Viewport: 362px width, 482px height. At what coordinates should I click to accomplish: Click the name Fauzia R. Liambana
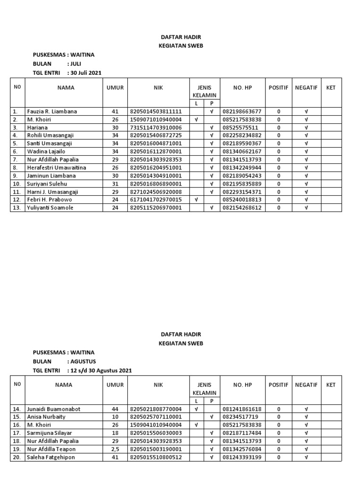pos(51,112)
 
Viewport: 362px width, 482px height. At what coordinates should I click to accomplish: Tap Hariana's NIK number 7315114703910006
pos(158,128)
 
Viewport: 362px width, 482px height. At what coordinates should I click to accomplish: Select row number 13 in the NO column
pos(16,208)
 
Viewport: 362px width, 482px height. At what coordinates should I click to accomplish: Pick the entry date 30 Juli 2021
pos(85,73)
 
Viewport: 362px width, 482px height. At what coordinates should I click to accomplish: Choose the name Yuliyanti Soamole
pos(50,208)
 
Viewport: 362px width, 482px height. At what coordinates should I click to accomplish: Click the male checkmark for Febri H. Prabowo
pos(196,200)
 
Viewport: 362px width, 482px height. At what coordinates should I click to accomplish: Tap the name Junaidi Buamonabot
pos(53,409)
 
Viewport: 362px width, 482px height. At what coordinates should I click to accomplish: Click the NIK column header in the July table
pos(158,88)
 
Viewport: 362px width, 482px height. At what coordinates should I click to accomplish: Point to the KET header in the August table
pos(331,385)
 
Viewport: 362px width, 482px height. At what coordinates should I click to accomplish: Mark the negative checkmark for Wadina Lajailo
pos(306,152)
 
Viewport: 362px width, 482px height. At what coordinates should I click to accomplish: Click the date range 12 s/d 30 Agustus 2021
pos(100,370)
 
